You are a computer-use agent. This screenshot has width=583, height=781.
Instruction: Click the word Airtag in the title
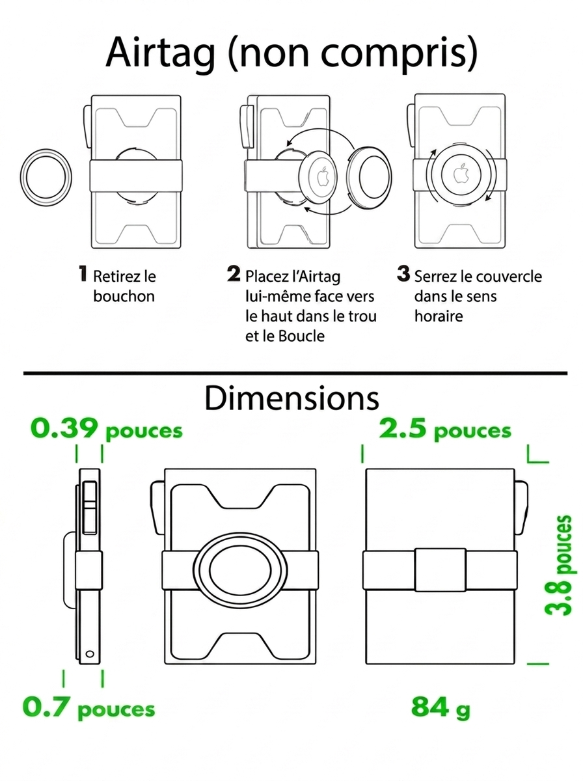(x=161, y=53)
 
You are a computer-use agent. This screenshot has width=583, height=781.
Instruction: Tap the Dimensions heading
(x=291, y=398)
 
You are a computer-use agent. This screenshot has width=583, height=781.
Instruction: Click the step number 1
(x=83, y=273)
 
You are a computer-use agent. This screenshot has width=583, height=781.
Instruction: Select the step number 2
(x=234, y=273)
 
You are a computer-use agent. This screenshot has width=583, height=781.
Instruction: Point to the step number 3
(x=403, y=273)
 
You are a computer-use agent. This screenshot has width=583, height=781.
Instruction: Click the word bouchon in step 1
(x=124, y=296)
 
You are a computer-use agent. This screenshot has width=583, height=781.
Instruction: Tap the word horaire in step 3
(x=439, y=316)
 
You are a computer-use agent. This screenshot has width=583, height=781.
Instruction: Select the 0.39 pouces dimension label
(x=106, y=429)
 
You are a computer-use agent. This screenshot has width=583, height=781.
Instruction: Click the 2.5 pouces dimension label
(x=445, y=429)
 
